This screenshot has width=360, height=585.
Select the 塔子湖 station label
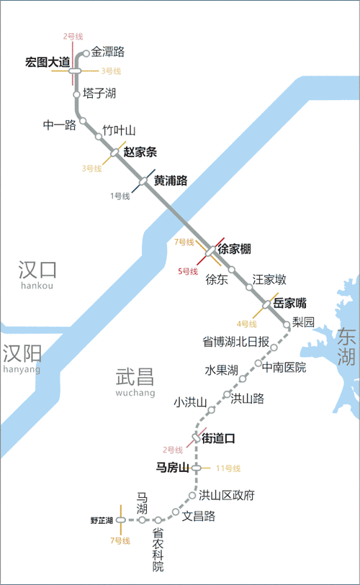(x=99, y=94)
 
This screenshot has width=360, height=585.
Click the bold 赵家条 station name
(x=140, y=152)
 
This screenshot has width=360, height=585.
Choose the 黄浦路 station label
(x=171, y=181)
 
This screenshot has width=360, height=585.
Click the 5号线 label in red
(x=188, y=271)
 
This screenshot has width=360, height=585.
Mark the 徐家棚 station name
(x=234, y=250)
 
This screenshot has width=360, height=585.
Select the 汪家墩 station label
(x=269, y=280)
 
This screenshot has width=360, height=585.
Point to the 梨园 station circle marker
(x=287, y=325)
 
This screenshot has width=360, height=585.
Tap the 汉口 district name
(x=37, y=270)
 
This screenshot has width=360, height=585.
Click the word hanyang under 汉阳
(x=22, y=369)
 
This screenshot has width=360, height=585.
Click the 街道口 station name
(x=218, y=437)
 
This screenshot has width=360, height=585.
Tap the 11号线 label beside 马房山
(x=228, y=468)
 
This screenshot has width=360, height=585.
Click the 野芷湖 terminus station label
(x=102, y=520)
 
